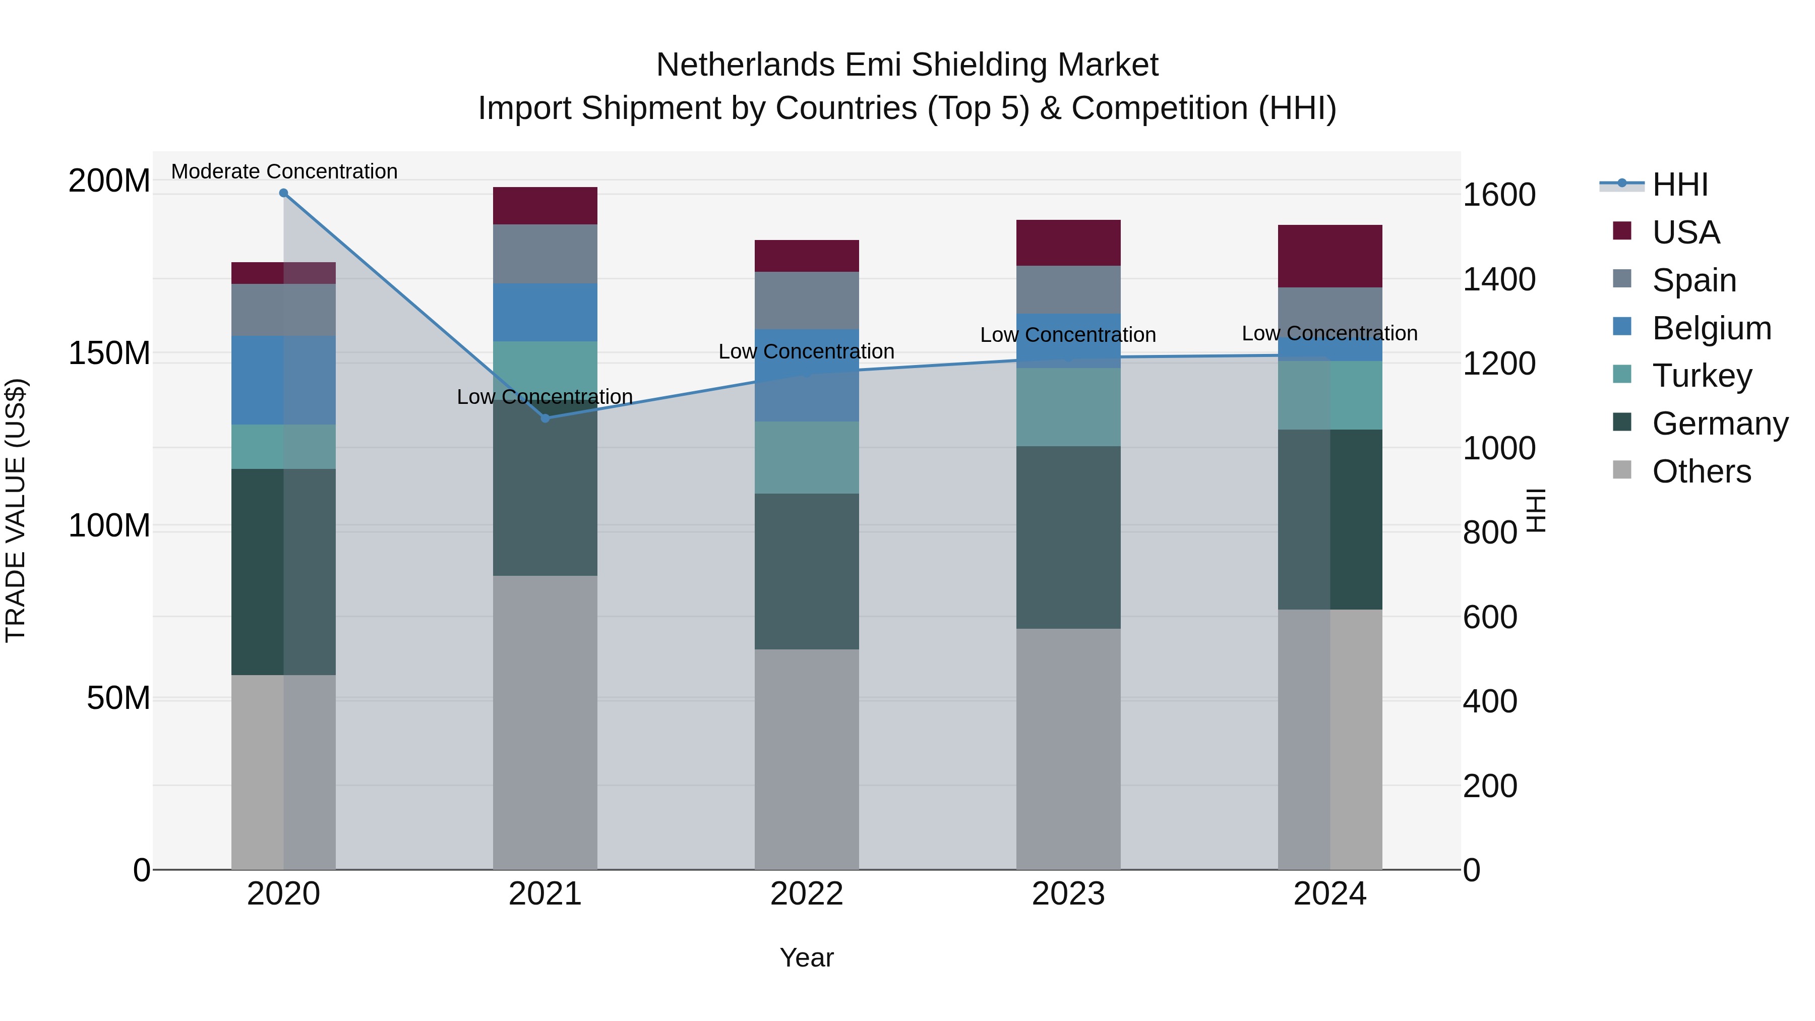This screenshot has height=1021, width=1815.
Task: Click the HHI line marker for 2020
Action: coord(283,193)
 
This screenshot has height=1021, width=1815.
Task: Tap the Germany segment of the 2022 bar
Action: coord(806,571)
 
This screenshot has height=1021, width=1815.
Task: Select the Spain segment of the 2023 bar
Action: coord(1068,289)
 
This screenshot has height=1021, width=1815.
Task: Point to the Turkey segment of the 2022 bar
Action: coord(806,457)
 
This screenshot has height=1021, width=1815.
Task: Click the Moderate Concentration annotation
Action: coord(284,172)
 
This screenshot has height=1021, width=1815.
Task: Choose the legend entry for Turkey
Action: coord(1702,376)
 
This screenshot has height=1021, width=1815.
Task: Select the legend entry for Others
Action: coord(1701,471)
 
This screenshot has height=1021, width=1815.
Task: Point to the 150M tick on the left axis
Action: coord(109,353)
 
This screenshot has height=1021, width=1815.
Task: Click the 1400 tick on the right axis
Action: coord(1499,279)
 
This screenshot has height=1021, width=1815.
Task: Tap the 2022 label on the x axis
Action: coord(806,894)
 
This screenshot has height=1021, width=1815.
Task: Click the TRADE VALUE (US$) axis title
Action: coord(16,510)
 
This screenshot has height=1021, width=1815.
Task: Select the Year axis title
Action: coord(806,957)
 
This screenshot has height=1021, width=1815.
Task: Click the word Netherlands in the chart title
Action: coord(746,65)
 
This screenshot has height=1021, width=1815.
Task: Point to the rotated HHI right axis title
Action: coord(1536,510)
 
